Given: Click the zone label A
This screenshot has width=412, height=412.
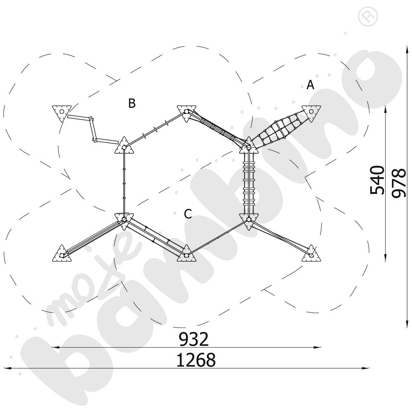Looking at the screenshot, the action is click(x=310, y=85).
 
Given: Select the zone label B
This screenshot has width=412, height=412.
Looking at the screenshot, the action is click(x=132, y=103).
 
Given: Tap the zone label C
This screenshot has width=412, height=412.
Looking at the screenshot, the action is click(x=188, y=214).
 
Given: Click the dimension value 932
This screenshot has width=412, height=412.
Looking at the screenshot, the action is click(x=194, y=339).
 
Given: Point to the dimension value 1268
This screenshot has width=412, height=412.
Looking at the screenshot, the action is click(x=196, y=360).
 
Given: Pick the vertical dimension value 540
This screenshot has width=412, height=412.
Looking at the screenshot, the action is click(x=377, y=180).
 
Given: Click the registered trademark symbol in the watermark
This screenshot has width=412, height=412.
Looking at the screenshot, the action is click(x=368, y=16).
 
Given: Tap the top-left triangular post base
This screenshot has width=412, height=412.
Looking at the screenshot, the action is click(x=62, y=113).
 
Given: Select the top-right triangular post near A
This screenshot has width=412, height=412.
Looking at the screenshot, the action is click(x=311, y=113).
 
